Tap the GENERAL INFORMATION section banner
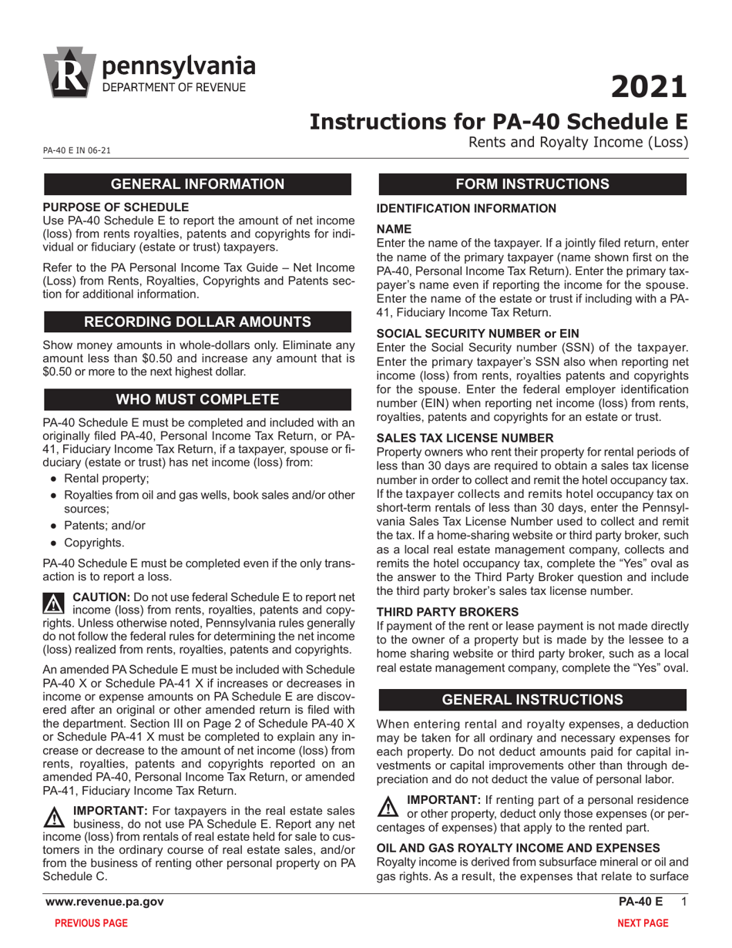(198, 183)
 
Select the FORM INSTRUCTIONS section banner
(532, 183)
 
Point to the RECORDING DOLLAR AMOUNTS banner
(198, 321)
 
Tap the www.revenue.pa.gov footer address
(104, 902)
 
